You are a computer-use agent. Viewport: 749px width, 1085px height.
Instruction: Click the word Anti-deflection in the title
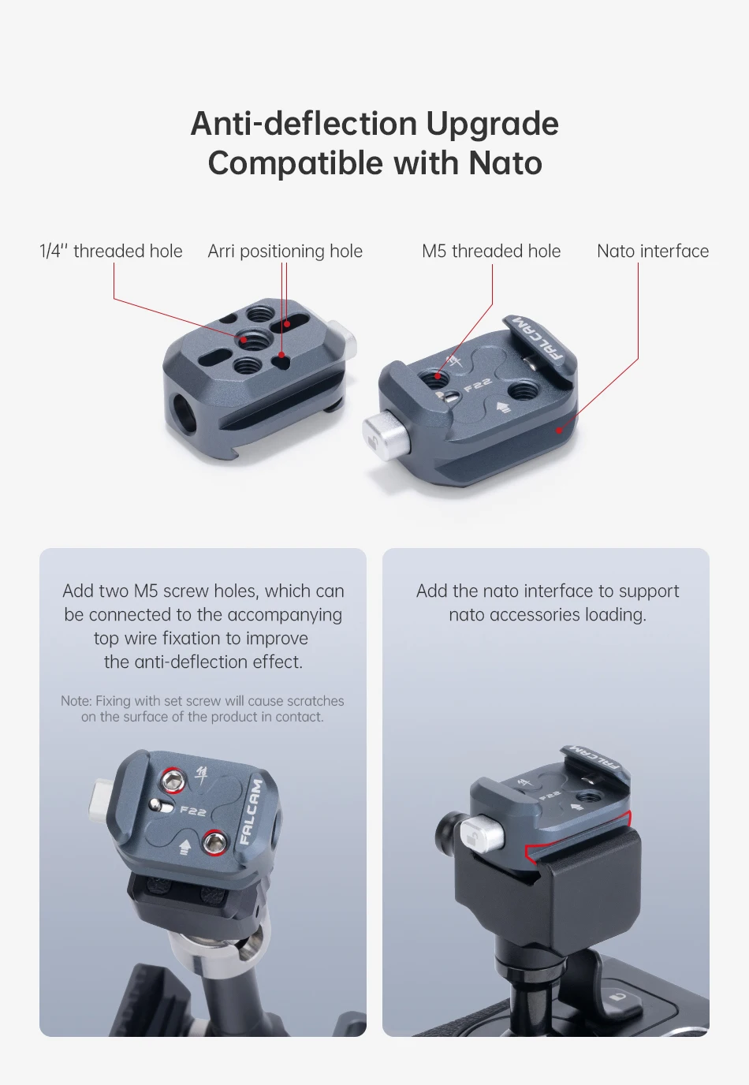pyautogui.click(x=304, y=124)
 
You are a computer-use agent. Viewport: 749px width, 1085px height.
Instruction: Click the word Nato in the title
pyautogui.click(x=505, y=162)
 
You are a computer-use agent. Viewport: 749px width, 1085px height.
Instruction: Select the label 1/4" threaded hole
pyautogui.click(x=111, y=251)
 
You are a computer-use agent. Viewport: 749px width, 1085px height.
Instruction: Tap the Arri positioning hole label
pyautogui.click(x=285, y=252)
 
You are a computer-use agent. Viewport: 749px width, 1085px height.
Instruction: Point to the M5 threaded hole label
pyautogui.click(x=491, y=251)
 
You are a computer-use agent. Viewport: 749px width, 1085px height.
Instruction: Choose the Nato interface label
pyautogui.click(x=653, y=251)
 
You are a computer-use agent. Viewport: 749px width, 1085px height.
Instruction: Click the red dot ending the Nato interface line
pyautogui.click(x=560, y=430)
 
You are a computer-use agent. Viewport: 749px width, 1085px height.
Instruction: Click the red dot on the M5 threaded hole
pyautogui.click(x=438, y=376)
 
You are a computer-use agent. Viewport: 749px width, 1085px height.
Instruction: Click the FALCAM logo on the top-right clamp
pyautogui.click(x=539, y=339)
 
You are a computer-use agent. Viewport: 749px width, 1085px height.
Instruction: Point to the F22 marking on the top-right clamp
pyautogui.click(x=477, y=386)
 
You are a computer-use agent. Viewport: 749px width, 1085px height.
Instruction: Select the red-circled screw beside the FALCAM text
pyautogui.click(x=213, y=842)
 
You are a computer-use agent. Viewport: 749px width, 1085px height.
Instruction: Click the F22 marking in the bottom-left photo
pyautogui.click(x=193, y=811)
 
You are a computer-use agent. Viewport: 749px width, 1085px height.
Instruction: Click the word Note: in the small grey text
pyautogui.click(x=76, y=701)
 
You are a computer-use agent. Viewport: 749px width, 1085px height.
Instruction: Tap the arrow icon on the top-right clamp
pyautogui.click(x=503, y=407)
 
